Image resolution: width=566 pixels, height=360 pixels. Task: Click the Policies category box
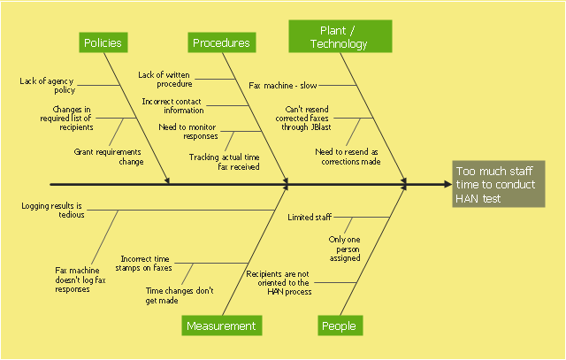(x=103, y=42)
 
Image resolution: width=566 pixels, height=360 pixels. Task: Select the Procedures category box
(x=221, y=42)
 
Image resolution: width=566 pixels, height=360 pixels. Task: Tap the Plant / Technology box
(x=339, y=36)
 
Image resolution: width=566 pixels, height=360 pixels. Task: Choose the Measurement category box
(x=220, y=326)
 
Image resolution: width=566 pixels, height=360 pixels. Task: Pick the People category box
(x=339, y=326)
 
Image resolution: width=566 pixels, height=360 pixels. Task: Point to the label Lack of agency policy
(x=47, y=85)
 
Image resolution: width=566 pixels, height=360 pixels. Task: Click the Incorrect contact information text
(x=172, y=105)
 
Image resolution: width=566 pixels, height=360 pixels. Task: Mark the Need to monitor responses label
(x=187, y=132)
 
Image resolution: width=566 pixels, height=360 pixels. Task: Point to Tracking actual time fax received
(x=224, y=161)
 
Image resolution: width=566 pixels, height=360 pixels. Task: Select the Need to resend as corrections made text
(x=348, y=157)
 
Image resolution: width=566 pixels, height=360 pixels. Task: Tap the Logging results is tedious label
(x=53, y=210)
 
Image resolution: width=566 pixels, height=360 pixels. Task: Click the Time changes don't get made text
(x=180, y=295)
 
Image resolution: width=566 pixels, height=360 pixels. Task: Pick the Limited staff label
(x=310, y=217)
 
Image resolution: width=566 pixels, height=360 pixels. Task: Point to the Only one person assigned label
(x=344, y=249)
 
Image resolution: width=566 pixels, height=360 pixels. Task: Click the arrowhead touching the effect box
(x=446, y=185)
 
